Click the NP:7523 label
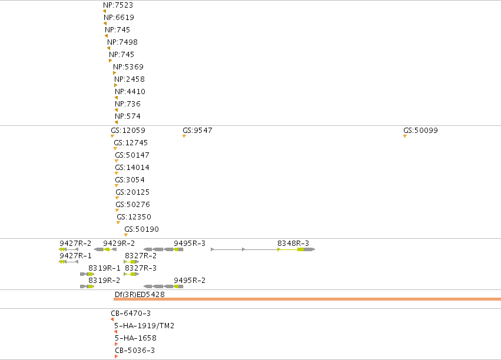[118, 5]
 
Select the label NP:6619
[119, 18]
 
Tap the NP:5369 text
[128, 67]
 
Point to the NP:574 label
[128, 116]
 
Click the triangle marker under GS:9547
[184, 136]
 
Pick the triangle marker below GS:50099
[405, 136]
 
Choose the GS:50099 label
[420, 131]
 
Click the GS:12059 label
[128, 131]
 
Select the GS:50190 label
[141, 229]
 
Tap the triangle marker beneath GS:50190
[126, 235]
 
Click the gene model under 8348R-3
[263, 249]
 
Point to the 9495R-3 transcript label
[190, 244]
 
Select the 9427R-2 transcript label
[75, 244]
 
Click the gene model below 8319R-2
[87, 286]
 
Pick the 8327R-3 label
[141, 268]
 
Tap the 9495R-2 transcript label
[190, 281]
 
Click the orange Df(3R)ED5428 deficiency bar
[307, 299]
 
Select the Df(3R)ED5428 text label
[140, 295]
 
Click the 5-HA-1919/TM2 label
[144, 326]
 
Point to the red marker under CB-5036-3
[117, 356]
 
